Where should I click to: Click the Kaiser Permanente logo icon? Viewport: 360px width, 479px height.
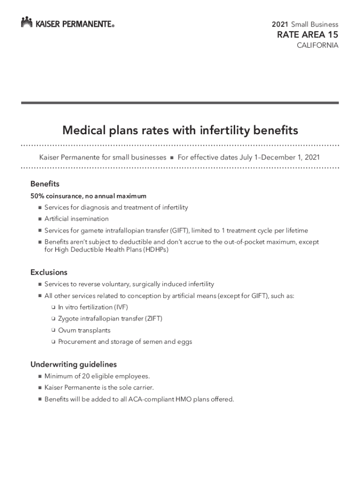tap(27, 22)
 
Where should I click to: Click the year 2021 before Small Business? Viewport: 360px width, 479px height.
tap(280, 24)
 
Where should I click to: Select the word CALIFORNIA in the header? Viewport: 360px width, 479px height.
tap(318, 45)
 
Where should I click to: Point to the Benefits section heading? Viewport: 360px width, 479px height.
tap(45, 184)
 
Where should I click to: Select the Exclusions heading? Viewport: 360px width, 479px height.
tap(49, 272)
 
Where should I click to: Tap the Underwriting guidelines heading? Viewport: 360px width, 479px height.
tap(73, 364)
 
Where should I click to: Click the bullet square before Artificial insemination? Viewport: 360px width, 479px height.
tap(40, 219)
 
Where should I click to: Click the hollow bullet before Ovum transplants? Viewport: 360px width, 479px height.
tap(53, 330)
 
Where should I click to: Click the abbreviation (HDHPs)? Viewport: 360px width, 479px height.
tap(151, 250)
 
